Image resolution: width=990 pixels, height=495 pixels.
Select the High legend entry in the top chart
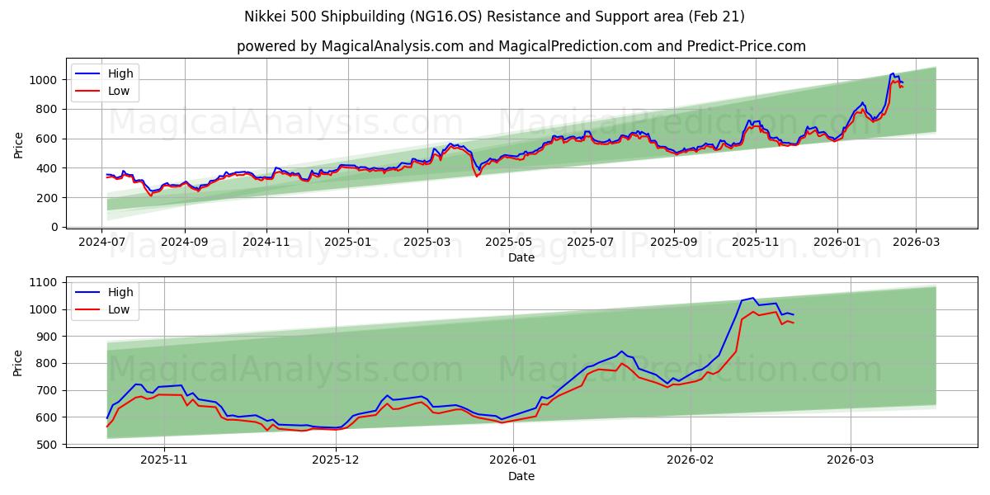pos(120,74)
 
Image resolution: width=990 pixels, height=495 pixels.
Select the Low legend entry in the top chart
pos(119,91)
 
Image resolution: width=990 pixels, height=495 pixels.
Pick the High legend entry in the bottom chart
pos(120,292)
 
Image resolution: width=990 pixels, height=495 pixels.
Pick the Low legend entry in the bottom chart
pos(119,309)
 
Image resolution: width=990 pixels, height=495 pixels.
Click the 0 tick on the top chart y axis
pos(54,227)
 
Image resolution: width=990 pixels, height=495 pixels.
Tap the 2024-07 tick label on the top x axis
pos(102,243)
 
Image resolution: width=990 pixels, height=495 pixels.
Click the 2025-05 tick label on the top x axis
pos(508,243)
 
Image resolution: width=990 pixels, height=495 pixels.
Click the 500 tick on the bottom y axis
pos(46,445)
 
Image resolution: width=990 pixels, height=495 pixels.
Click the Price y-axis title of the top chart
pos(19,146)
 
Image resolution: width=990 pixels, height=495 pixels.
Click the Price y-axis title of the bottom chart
pos(19,363)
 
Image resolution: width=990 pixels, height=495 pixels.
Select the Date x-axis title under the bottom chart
pos(521,476)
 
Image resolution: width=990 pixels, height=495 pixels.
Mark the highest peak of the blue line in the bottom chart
pos(752,298)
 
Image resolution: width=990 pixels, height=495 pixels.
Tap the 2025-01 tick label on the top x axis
pos(347,243)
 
